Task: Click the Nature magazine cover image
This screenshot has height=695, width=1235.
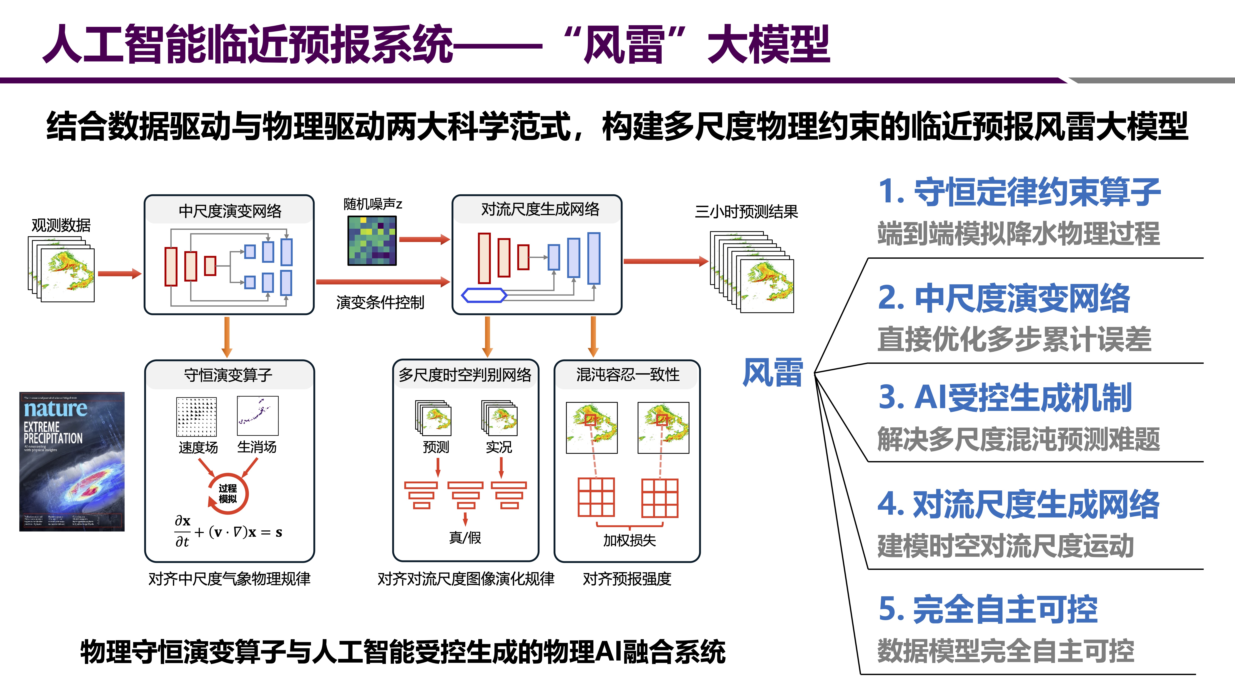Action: (72, 461)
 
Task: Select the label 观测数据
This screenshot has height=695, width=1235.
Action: (61, 225)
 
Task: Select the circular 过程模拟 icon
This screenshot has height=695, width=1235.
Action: (228, 494)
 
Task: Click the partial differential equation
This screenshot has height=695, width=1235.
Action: (228, 531)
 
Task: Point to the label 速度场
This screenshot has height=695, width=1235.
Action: (198, 447)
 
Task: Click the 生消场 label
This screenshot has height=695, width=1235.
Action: (257, 447)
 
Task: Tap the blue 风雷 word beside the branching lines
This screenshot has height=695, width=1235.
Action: (772, 373)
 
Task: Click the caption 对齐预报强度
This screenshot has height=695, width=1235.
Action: (627, 579)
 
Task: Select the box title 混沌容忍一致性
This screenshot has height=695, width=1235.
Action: (628, 375)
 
